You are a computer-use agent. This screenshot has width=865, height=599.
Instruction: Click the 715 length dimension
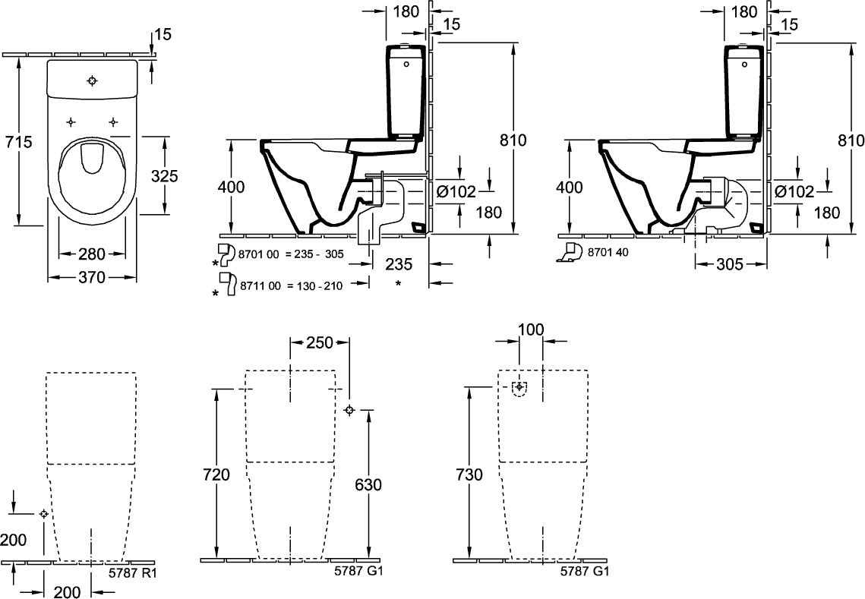click(19, 142)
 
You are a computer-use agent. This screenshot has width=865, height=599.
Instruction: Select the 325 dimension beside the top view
click(165, 176)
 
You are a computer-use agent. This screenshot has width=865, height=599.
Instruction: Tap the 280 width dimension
click(92, 254)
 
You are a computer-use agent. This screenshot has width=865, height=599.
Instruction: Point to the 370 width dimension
click(92, 277)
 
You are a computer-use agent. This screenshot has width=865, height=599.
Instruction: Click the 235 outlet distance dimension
click(398, 264)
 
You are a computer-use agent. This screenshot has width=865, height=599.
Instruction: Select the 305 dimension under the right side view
click(729, 265)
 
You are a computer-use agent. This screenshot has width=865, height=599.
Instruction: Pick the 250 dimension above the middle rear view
click(319, 342)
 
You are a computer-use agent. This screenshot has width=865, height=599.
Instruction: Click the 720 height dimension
click(216, 474)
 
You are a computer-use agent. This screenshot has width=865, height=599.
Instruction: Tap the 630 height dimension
click(368, 484)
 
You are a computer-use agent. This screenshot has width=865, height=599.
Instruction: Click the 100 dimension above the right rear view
click(532, 329)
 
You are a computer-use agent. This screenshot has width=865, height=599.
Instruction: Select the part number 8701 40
click(608, 252)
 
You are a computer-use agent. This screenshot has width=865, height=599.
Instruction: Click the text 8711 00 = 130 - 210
click(291, 285)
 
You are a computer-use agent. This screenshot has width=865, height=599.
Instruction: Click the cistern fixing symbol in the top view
click(92, 81)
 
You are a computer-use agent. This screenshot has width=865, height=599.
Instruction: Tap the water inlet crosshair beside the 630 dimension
click(349, 410)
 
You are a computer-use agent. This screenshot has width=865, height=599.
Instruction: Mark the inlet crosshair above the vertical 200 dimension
click(44, 513)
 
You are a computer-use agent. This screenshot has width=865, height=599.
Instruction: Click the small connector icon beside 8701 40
click(570, 251)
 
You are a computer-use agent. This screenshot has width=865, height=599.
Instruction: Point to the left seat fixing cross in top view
click(71, 121)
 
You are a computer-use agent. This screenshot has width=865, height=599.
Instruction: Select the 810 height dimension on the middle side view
click(513, 140)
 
